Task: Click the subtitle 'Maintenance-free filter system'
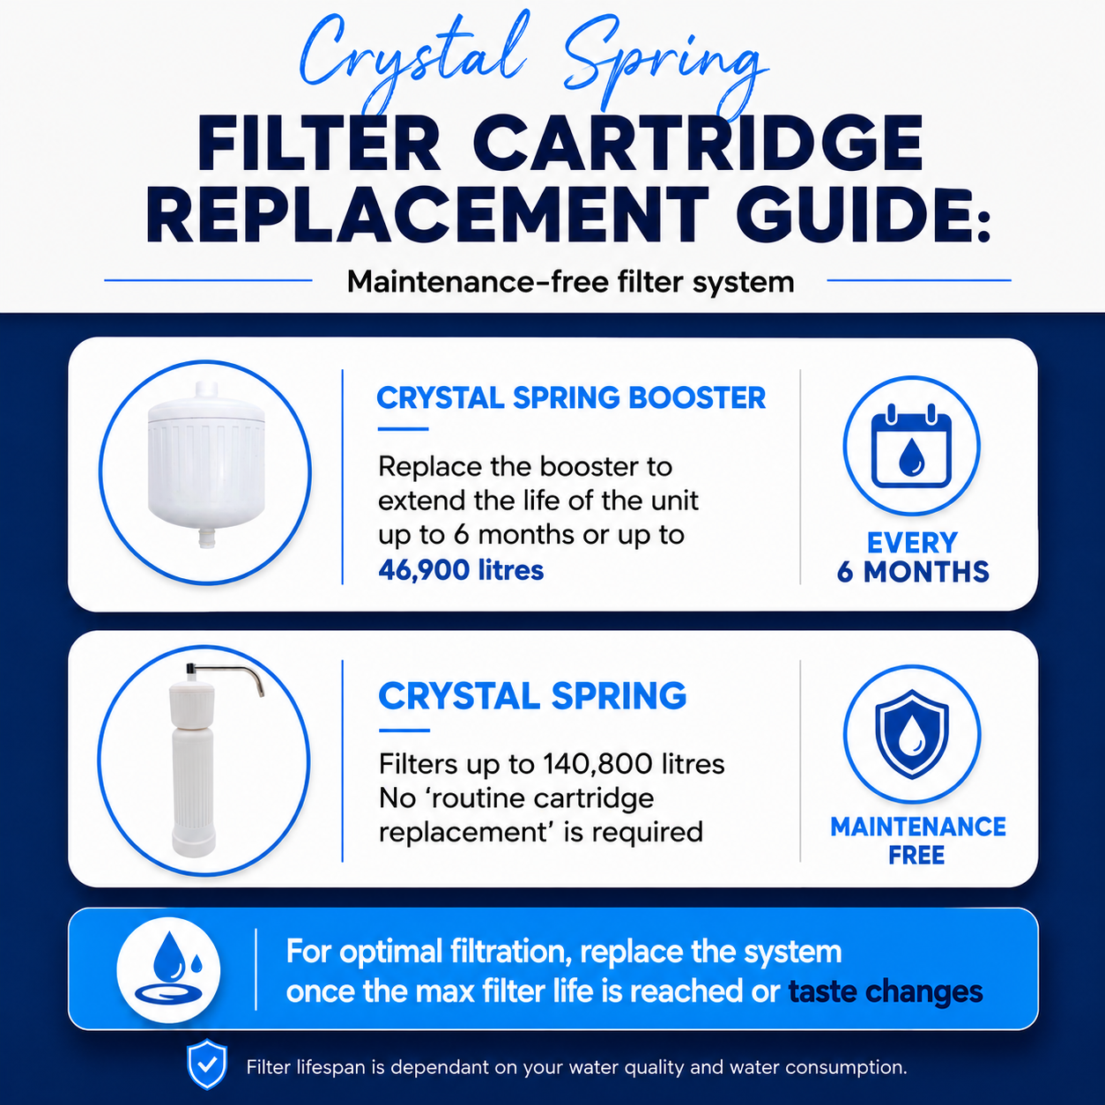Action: click(570, 282)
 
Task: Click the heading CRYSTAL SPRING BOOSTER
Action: click(571, 397)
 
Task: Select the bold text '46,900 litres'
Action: click(461, 570)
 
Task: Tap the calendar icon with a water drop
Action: click(911, 446)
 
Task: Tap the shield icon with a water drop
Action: click(912, 735)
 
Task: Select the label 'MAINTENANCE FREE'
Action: click(918, 841)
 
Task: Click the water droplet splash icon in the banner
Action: click(168, 969)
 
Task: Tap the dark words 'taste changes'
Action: click(886, 991)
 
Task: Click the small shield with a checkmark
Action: click(207, 1064)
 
